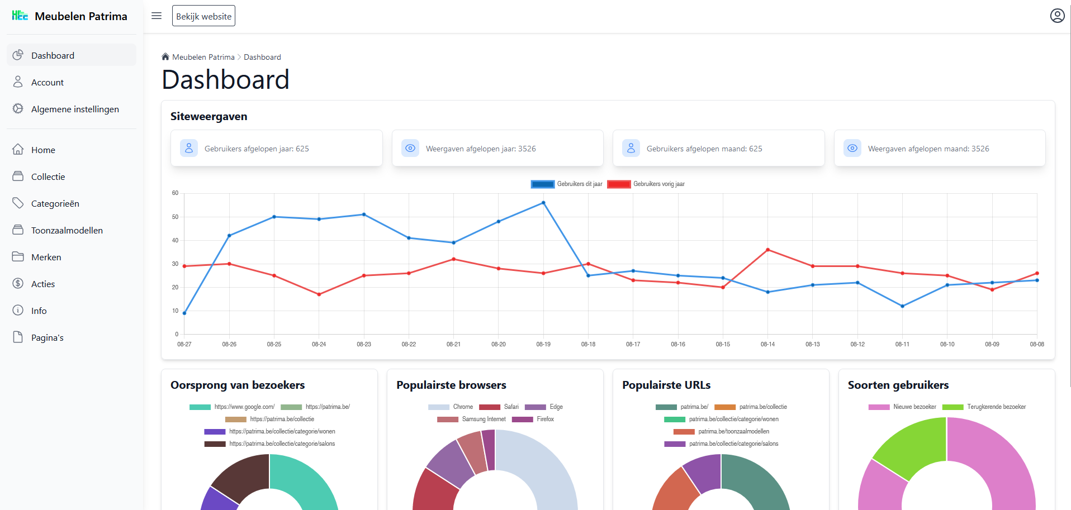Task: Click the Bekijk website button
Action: click(x=203, y=16)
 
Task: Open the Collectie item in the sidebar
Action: click(x=48, y=177)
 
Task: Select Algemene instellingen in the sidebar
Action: click(x=75, y=109)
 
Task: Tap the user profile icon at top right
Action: click(x=1057, y=16)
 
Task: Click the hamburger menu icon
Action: click(x=157, y=16)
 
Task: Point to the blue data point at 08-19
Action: click(x=543, y=203)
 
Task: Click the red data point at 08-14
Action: click(x=767, y=250)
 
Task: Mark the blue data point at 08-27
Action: click(x=184, y=313)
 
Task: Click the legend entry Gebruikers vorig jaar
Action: click(x=646, y=184)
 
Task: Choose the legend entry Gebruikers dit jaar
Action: click(x=567, y=184)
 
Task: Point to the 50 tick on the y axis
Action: click(x=176, y=217)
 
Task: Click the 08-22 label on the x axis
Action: click(x=409, y=344)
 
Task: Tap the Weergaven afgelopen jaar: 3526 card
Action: click(x=497, y=149)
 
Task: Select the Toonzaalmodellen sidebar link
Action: click(x=67, y=230)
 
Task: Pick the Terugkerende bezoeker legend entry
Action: click(x=984, y=407)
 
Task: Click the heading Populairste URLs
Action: click(x=666, y=385)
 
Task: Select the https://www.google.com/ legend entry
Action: click(x=232, y=407)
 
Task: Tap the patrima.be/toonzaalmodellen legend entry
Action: click(x=722, y=431)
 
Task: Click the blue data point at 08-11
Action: click(x=902, y=306)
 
